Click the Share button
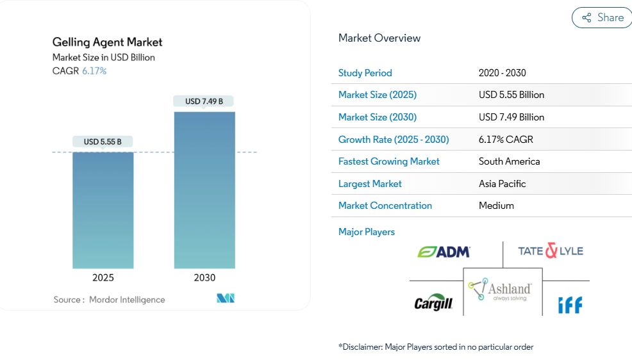click(x=602, y=18)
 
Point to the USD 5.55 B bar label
click(x=103, y=142)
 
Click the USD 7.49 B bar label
click(x=204, y=101)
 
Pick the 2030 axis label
click(x=204, y=278)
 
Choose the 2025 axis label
click(x=103, y=278)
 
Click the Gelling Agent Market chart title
click(x=108, y=42)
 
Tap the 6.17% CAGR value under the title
click(x=94, y=71)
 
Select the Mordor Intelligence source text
click(x=127, y=300)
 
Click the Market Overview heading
click(x=379, y=38)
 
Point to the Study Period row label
click(x=365, y=73)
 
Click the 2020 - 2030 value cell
click(x=502, y=73)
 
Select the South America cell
click(x=509, y=161)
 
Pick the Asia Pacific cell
click(x=502, y=184)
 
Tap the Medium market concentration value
click(x=496, y=206)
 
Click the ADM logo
click(x=444, y=252)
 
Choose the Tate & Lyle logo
click(x=551, y=251)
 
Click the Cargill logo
click(x=433, y=304)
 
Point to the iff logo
click(x=570, y=305)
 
